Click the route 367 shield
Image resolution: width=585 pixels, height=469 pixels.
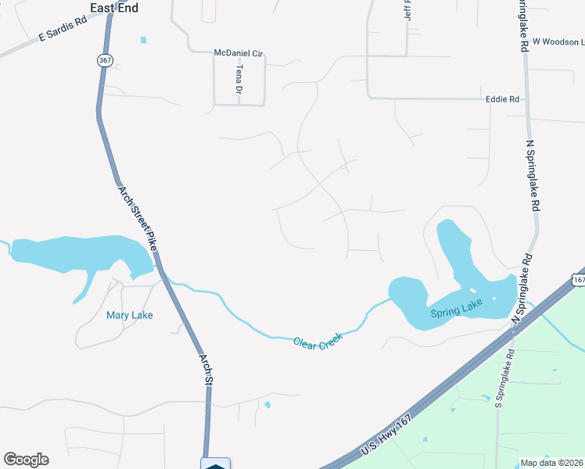pos(104,59)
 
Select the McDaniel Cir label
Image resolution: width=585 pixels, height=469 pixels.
pos(239,52)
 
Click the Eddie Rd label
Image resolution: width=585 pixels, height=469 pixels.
pos(502,99)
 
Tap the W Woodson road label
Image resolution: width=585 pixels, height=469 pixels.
pos(558,41)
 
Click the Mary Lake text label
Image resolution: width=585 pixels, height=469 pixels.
pos(130,315)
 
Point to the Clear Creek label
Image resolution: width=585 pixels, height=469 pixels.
pos(319,342)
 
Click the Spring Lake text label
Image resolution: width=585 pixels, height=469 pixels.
pos(457,312)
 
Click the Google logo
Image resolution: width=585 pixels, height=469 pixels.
pos(26,460)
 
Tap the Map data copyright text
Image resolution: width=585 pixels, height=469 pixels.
pos(551,463)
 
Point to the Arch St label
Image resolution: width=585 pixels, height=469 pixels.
pos(206,369)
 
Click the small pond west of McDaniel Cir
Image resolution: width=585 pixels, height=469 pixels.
pos(143,40)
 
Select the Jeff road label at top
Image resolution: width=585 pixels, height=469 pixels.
pos(407,9)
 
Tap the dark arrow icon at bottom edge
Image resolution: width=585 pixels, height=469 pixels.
pos(216,464)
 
